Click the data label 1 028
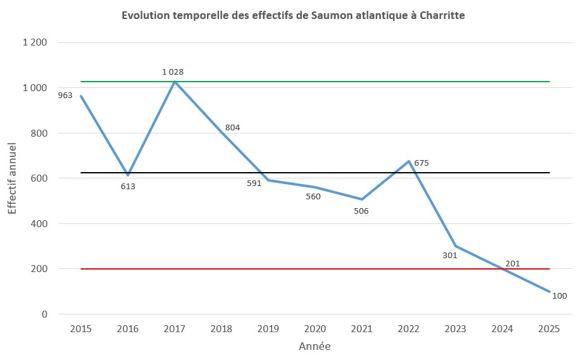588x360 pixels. tap(173, 72)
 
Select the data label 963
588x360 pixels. tap(65, 96)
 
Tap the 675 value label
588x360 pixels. tap(422, 163)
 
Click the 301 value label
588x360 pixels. tap(449, 255)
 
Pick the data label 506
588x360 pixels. tap(361, 211)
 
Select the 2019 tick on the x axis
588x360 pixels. tap(268, 329)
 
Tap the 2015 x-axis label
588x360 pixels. tap(80, 329)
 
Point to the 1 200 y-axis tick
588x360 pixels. tap(35, 43)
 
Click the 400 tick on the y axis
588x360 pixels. tap(39, 223)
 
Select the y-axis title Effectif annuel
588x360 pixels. tap(13, 178)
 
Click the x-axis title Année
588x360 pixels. tap(315, 347)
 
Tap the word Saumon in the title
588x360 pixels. tap(330, 15)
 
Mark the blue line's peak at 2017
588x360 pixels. tap(174, 82)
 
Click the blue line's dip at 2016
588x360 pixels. tap(128, 175)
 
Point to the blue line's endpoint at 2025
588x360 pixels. tap(549, 292)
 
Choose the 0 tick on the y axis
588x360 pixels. tap(44, 314)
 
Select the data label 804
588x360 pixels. tap(232, 128)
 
